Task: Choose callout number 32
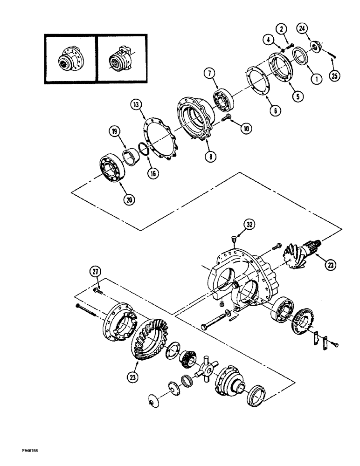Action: click(250, 224)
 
